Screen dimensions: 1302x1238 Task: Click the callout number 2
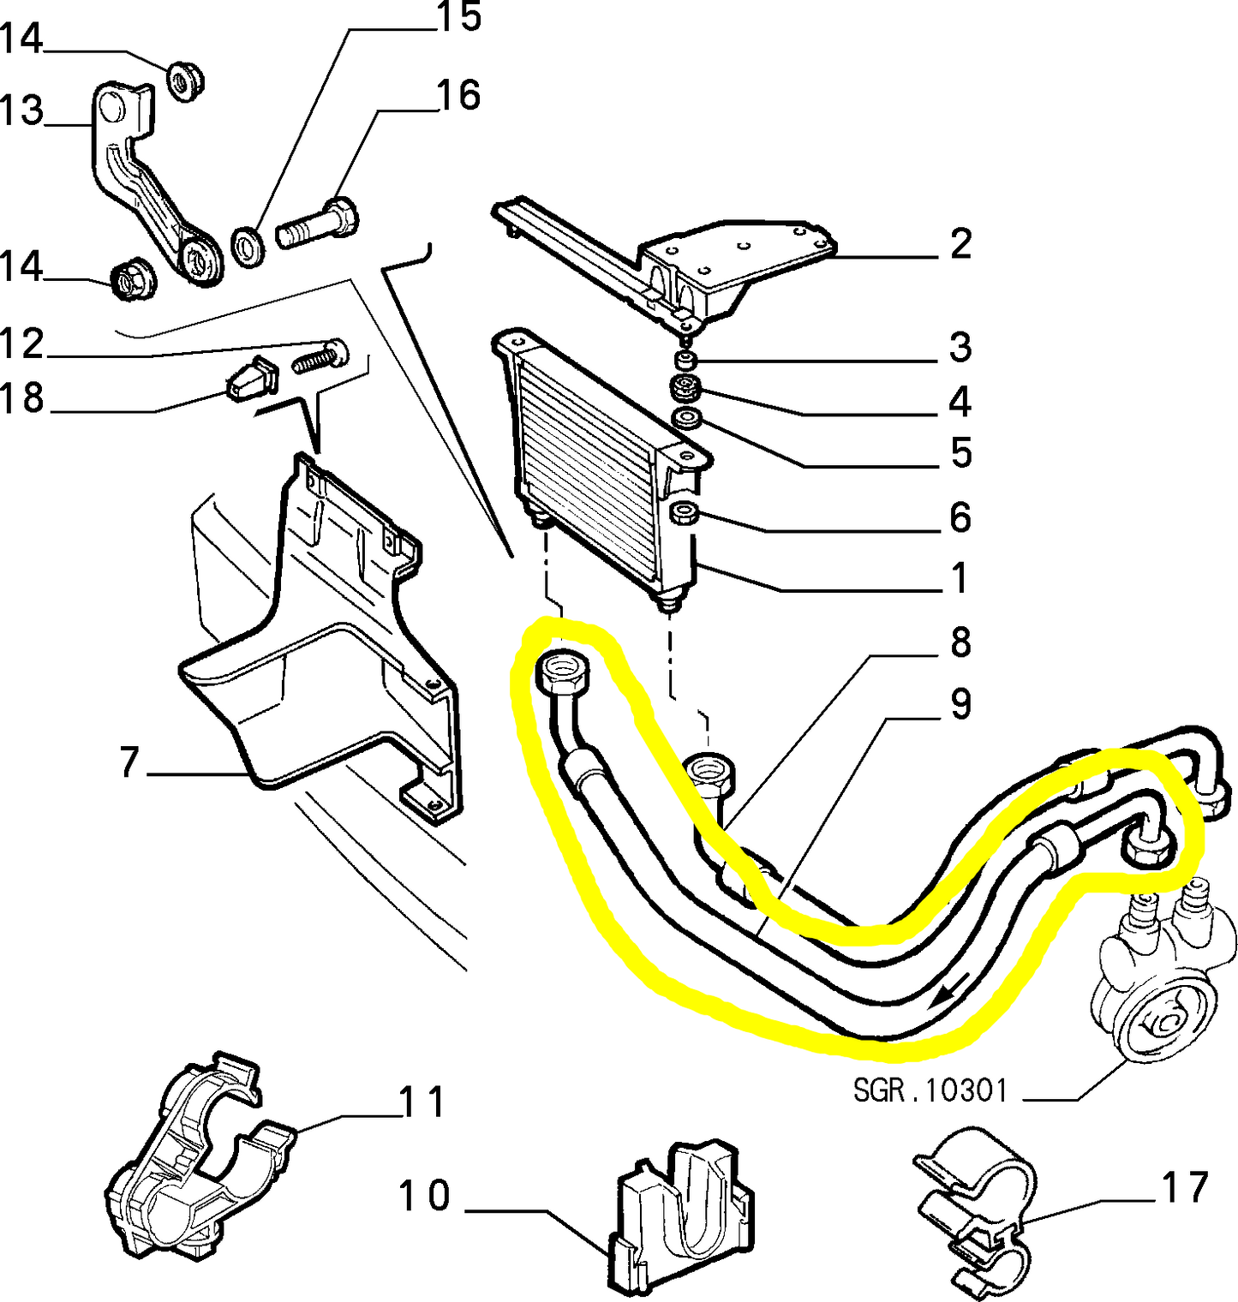click(x=960, y=244)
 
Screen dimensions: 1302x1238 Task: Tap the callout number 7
click(x=129, y=761)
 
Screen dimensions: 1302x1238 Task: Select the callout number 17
click(x=1184, y=1187)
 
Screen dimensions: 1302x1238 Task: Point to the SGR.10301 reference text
click(x=930, y=1090)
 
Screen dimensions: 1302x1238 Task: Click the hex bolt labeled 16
click(x=317, y=224)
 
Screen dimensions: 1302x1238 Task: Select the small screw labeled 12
click(x=320, y=356)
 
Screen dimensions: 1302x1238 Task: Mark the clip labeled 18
click(x=250, y=379)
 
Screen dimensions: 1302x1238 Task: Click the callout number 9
click(x=960, y=704)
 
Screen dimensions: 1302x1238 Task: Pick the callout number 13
click(x=22, y=111)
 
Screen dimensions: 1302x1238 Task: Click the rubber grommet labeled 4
click(x=685, y=388)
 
